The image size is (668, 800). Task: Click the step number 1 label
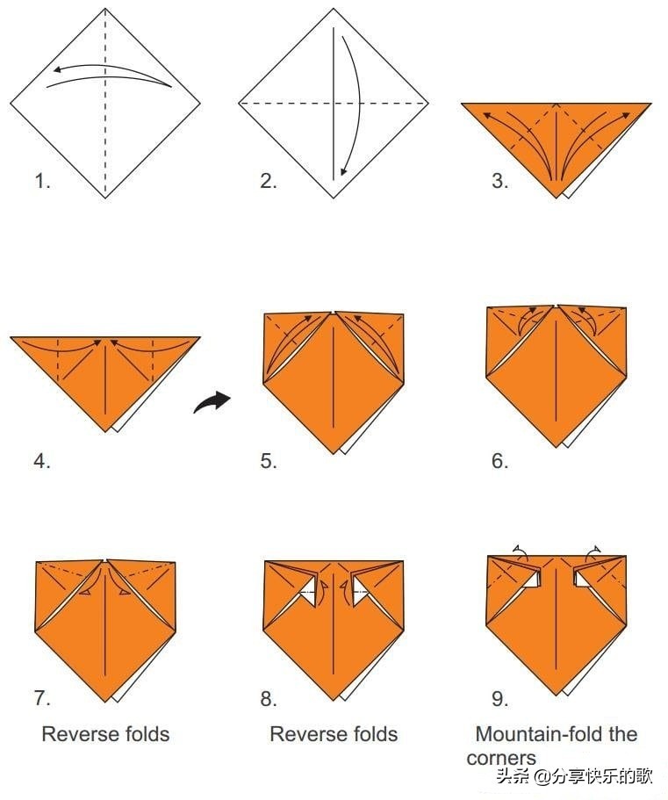tap(42, 181)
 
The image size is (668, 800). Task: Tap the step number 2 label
tap(269, 181)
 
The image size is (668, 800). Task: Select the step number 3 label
tap(499, 181)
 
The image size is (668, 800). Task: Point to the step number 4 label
tap(42, 461)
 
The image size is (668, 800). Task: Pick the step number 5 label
tap(269, 461)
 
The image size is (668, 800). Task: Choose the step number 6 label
tap(499, 461)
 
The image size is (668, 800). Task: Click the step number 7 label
tap(42, 698)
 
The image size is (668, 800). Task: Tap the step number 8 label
tap(269, 698)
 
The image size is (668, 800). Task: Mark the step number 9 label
tap(499, 698)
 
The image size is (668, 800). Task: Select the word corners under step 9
tap(500, 758)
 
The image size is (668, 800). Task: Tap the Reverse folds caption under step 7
tap(105, 734)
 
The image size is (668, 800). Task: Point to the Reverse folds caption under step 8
tap(334, 734)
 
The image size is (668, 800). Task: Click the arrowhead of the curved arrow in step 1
tap(58, 70)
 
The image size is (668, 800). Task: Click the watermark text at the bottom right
tap(575, 777)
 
